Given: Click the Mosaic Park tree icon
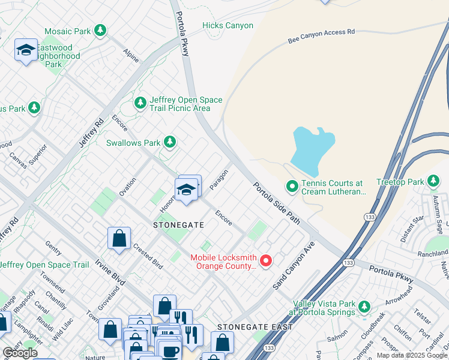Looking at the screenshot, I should (x=100, y=31).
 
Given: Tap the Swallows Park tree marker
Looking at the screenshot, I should (x=170, y=142).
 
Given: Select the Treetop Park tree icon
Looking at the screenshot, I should (x=433, y=181).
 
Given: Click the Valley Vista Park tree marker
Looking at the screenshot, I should (x=364, y=308).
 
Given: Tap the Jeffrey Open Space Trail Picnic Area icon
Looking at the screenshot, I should (x=140, y=104).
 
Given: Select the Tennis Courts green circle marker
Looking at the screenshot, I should (x=292, y=187).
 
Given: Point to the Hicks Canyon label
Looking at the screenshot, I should (x=228, y=26).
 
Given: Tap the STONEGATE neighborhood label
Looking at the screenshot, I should (x=179, y=225).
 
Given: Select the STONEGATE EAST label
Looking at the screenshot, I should (x=255, y=327).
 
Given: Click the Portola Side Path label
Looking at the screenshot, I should (x=276, y=203).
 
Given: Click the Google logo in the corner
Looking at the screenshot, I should (x=20, y=353).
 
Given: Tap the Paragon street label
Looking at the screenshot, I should (x=220, y=180).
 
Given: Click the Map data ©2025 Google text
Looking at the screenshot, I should (x=412, y=355).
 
